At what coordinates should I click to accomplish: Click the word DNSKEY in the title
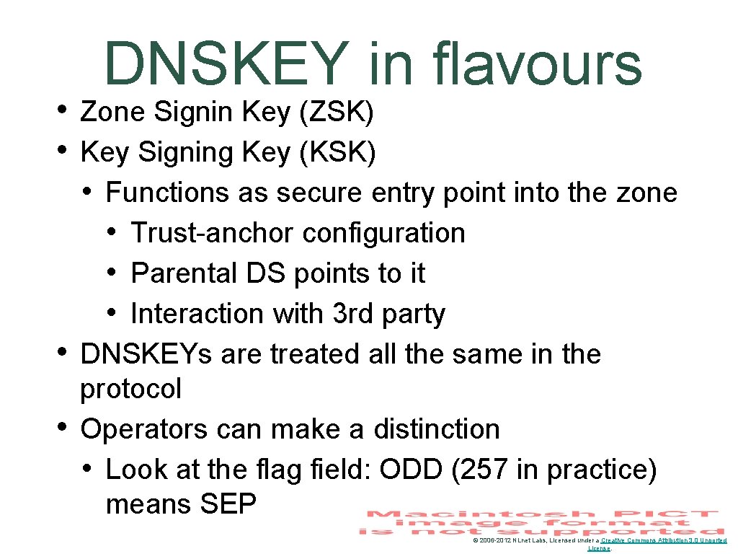point(225,63)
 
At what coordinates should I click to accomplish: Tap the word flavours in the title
point(538,63)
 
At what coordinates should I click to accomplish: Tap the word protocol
point(131,390)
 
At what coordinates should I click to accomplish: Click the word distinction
point(436,429)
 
